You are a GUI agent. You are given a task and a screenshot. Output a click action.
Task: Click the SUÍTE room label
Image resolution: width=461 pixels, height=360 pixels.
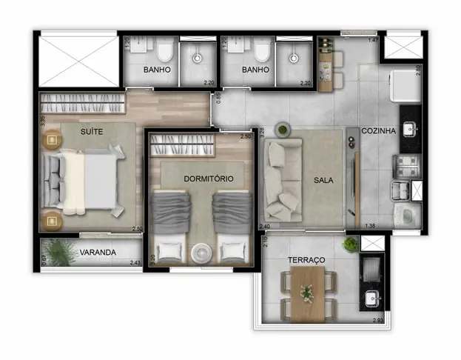coord(93,130)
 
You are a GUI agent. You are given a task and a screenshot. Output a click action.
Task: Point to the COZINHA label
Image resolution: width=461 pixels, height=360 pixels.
coord(379,131)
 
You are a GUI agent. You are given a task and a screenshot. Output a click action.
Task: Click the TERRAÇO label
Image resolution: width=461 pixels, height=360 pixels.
coord(306,260)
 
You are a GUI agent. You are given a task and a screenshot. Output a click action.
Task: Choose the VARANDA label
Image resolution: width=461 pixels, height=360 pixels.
coord(98,253)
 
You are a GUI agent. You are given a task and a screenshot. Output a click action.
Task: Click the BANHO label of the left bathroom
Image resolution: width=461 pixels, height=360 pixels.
coord(158,70)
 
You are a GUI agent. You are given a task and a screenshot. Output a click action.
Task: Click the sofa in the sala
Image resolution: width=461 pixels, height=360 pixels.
coord(281,175)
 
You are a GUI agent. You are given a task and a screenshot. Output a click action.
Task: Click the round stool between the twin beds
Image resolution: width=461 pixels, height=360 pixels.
coord(201,253)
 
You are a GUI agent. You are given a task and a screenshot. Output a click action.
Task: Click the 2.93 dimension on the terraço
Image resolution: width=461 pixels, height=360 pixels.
coord(377,319)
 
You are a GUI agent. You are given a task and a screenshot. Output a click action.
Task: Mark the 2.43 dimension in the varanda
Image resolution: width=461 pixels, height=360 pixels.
coord(135,262)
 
